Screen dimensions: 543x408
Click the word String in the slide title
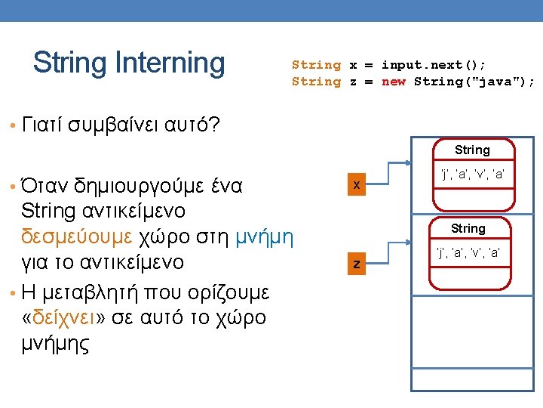[69, 63]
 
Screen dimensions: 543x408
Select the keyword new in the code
[394, 82]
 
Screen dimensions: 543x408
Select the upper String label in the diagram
[472, 150]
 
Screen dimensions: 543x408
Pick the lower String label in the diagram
[468, 228]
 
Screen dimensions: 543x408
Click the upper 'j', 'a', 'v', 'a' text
[472, 175]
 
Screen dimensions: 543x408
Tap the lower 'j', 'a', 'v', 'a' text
[468, 252]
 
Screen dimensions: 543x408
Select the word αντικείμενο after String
[132, 209]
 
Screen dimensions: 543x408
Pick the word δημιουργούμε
[146, 184]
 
